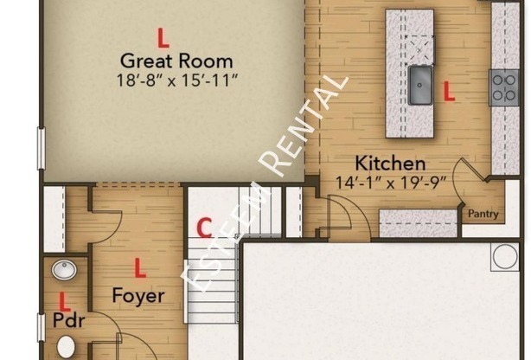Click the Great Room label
176,61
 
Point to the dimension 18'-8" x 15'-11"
177,80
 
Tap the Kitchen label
390,163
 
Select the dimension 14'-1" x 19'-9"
391,183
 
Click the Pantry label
483,214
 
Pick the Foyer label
138,296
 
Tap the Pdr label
68,320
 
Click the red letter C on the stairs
205,228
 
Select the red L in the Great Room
163,38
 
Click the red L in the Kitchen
449,91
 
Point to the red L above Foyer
140,267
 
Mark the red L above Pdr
64,301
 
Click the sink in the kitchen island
420,85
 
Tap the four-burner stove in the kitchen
504,87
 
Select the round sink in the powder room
64,270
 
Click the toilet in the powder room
66,347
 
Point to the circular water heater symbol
505,257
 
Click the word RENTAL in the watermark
304,126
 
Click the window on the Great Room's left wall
41,148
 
